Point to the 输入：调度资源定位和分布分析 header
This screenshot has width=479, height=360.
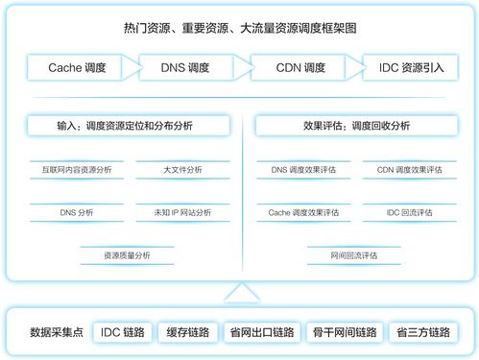tap(129, 126)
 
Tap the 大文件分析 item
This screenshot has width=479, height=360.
tap(182, 170)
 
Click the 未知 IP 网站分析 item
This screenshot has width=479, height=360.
tap(182, 212)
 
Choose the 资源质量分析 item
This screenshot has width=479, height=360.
tap(128, 255)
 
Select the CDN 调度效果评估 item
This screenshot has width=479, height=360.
tap(409, 170)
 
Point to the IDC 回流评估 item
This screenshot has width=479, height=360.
tap(409, 212)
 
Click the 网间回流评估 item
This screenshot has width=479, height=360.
tap(355, 255)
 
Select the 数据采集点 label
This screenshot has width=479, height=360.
tap(59, 332)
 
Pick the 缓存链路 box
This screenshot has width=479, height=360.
tap(187, 332)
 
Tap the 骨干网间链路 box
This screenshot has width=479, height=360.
tap(345, 332)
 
